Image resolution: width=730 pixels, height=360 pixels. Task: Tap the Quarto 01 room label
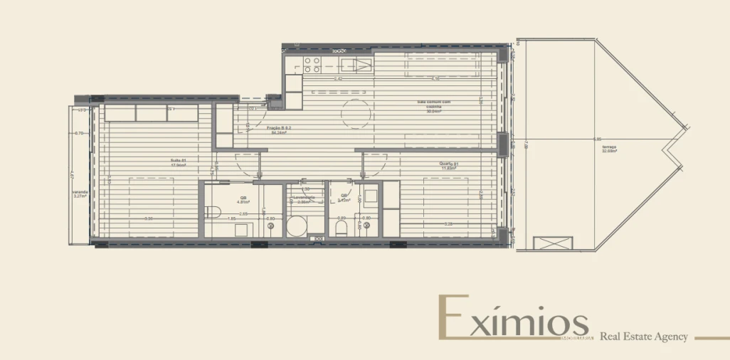448,165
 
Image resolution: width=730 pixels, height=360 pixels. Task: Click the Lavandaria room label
304,198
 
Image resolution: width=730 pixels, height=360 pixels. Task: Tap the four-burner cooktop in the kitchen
312,65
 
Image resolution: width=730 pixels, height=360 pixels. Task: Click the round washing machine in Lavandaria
298,227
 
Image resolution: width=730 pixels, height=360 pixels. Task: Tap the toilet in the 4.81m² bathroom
212,210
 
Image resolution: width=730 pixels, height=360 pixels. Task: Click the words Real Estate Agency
644,337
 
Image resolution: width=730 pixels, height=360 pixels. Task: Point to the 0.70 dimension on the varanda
79,134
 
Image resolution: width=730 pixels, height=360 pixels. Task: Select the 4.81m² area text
243,201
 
